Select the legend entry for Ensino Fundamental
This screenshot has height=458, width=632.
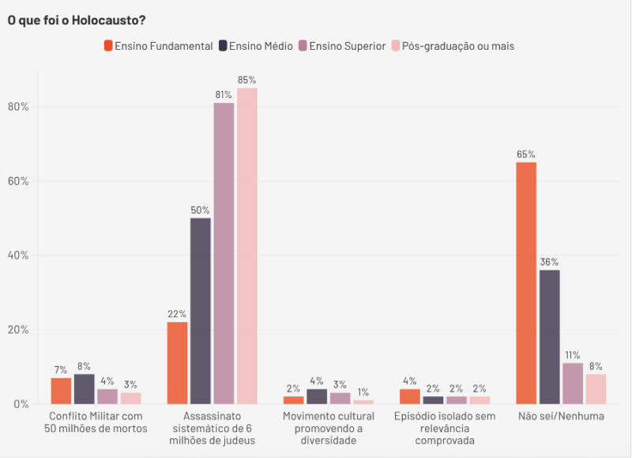(x=158, y=46)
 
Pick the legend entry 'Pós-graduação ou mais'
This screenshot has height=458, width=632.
(x=451, y=46)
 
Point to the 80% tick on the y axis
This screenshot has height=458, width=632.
(x=18, y=107)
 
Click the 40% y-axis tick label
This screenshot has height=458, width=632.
(x=18, y=255)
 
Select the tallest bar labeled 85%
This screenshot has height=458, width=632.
(x=247, y=245)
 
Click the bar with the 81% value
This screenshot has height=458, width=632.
(x=224, y=253)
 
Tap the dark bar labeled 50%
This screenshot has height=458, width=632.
(x=201, y=310)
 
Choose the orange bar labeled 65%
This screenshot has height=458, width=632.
(x=526, y=282)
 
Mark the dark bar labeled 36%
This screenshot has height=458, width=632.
(x=549, y=336)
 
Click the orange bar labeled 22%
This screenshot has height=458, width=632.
(x=177, y=362)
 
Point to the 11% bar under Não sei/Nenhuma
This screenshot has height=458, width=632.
(x=573, y=383)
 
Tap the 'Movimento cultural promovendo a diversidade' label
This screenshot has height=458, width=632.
(x=329, y=428)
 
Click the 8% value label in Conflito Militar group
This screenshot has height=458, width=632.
(x=84, y=366)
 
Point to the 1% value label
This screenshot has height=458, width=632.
(x=363, y=392)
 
